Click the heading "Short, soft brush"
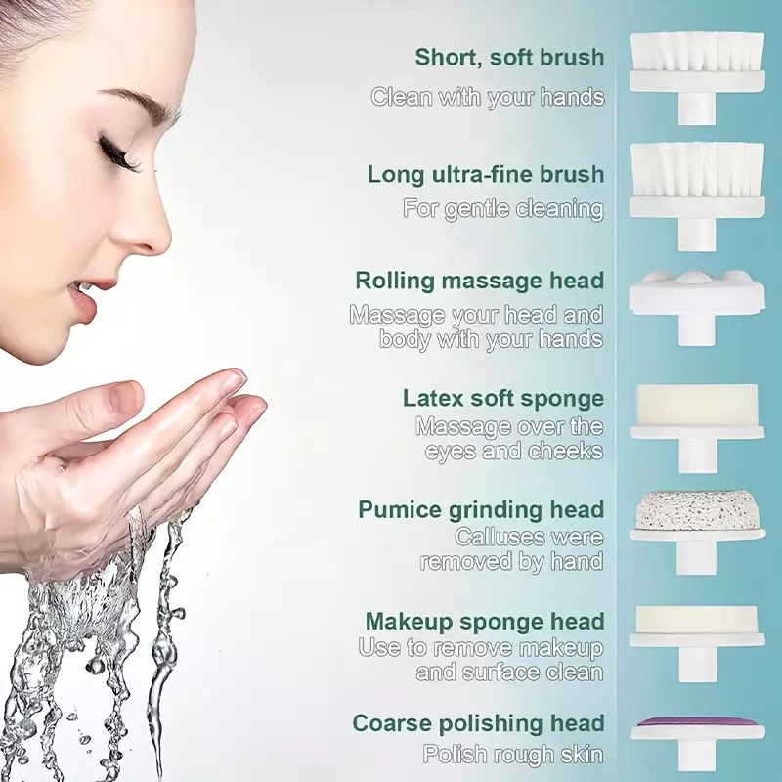(509, 58)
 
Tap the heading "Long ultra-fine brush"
(486, 174)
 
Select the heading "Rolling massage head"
(479, 281)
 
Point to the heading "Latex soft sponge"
(503, 399)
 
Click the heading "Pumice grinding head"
(481, 510)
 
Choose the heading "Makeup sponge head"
(485, 622)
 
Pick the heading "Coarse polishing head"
(478, 723)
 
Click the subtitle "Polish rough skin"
(513, 754)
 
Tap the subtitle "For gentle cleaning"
(503, 208)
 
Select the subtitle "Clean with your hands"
(487, 96)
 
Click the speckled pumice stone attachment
(697, 510)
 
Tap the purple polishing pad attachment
(697, 722)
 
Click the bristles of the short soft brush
(697, 51)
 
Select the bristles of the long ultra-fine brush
(697, 169)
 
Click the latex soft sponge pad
(697, 405)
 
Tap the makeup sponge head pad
(697, 620)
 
